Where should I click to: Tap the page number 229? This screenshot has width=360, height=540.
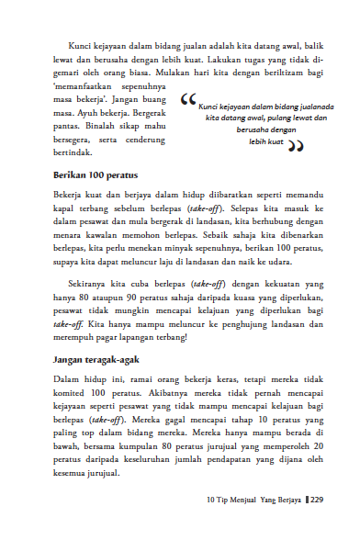click(317, 525)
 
